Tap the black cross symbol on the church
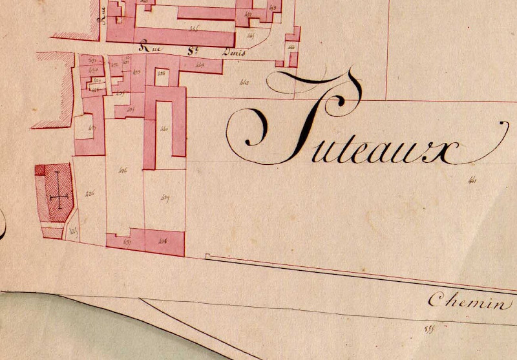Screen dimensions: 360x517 tap(58, 191)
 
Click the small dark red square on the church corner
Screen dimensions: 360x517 tap(40, 171)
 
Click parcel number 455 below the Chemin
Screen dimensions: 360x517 tap(427, 330)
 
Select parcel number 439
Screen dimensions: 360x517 tap(164, 198)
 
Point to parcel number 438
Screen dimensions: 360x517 tap(163, 242)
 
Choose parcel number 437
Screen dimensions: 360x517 tap(127, 242)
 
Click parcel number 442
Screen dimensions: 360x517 tap(244, 81)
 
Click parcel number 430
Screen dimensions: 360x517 tap(92, 70)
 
